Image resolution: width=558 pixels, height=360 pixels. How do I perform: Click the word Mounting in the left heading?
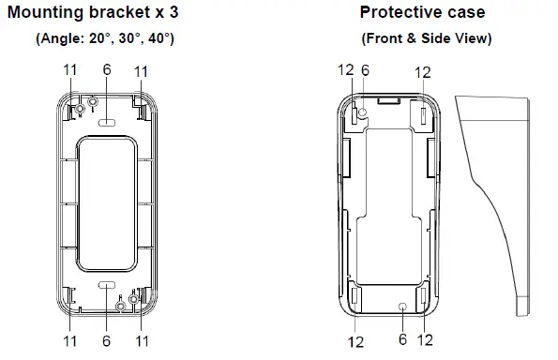pos(46,13)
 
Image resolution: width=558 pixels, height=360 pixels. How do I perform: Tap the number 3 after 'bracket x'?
pos(173,12)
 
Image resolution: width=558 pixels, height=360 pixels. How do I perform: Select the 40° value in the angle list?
pos(158,38)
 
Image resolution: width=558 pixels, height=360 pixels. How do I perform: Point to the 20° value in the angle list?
pos(99,38)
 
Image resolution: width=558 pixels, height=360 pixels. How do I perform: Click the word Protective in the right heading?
pos(400,12)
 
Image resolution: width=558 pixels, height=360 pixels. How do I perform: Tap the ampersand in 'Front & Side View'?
pos(411,38)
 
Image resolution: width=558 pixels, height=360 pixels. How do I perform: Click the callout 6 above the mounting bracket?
pos(107,69)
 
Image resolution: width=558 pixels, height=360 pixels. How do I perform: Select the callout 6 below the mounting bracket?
pos(106,341)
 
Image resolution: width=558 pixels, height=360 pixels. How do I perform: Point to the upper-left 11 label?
pos(70,70)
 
